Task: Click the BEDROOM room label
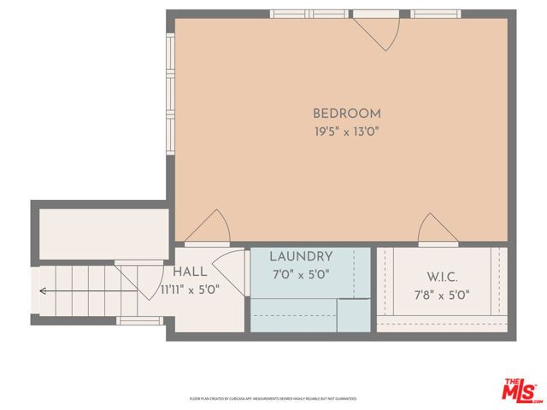(346, 113)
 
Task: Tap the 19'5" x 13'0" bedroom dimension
(346, 132)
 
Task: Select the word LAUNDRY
(301, 256)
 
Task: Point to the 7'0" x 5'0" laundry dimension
(301, 274)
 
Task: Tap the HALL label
(190, 271)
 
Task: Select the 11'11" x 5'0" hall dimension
(190, 289)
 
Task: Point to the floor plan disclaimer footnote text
(273, 398)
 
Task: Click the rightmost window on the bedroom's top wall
(436, 14)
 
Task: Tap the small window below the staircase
(139, 320)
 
